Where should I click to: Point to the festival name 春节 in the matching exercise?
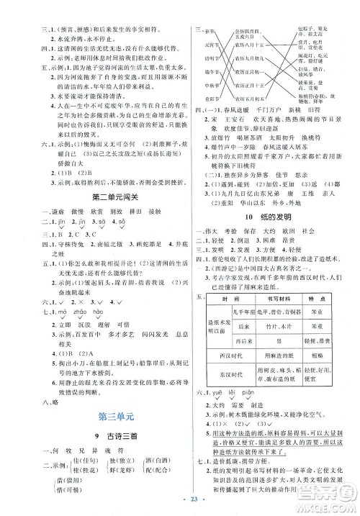tap(214, 33)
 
